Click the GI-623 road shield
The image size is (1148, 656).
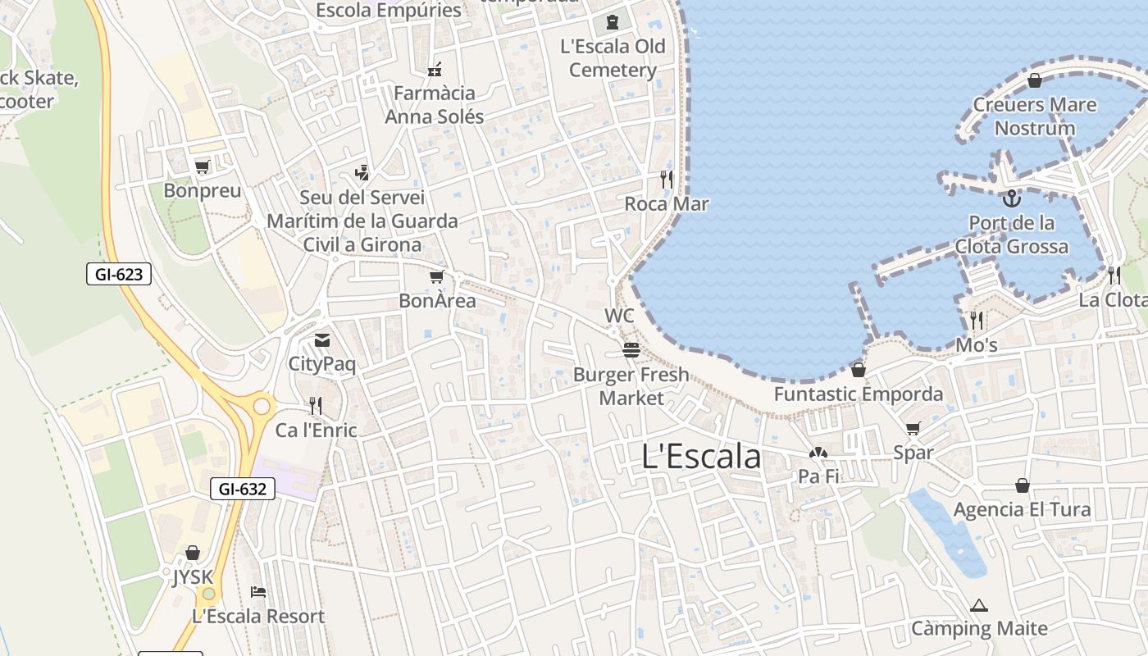pyautogui.click(x=119, y=274)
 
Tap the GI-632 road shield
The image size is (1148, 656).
pyautogui.click(x=242, y=489)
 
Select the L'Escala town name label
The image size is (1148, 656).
pyautogui.click(x=701, y=457)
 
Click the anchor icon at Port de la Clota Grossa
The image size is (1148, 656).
pyautogui.click(x=1012, y=198)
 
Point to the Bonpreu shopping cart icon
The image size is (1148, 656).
pyautogui.click(x=202, y=167)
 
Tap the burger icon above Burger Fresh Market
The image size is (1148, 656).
pyautogui.click(x=631, y=351)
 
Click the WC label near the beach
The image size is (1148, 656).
pyautogui.click(x=619, y=316)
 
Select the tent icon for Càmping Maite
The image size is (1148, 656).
pyautogui.click(x=978, y=606)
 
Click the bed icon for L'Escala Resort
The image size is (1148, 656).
pyautogui.click(x=258, y=592)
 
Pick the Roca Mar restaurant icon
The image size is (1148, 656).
pyautogui.click(x=666, y=179)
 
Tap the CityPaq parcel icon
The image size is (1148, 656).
pyautogui.click(x=322, y=340)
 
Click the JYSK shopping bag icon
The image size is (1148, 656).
pyautogui.click(x=193, y=553)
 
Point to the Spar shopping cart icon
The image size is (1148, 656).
pyautogui.click(x=913, y=429)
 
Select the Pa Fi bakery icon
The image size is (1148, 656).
pyautogui.click(x=818, y=453)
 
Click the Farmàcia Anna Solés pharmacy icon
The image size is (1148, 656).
pyautogui.click(x=435, y=69)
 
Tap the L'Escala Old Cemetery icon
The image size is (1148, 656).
pyautogui.click(x=612, y=22)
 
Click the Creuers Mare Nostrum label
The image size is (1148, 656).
pyautogui.click(x=1034, y=116)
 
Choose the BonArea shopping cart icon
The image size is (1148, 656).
pyautogui.click(x=437, y=277)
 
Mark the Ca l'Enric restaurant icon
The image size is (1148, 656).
pyautogui.click(x=315, y=405)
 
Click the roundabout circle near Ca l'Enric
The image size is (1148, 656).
pyautogui.click(x=262, y=405)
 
